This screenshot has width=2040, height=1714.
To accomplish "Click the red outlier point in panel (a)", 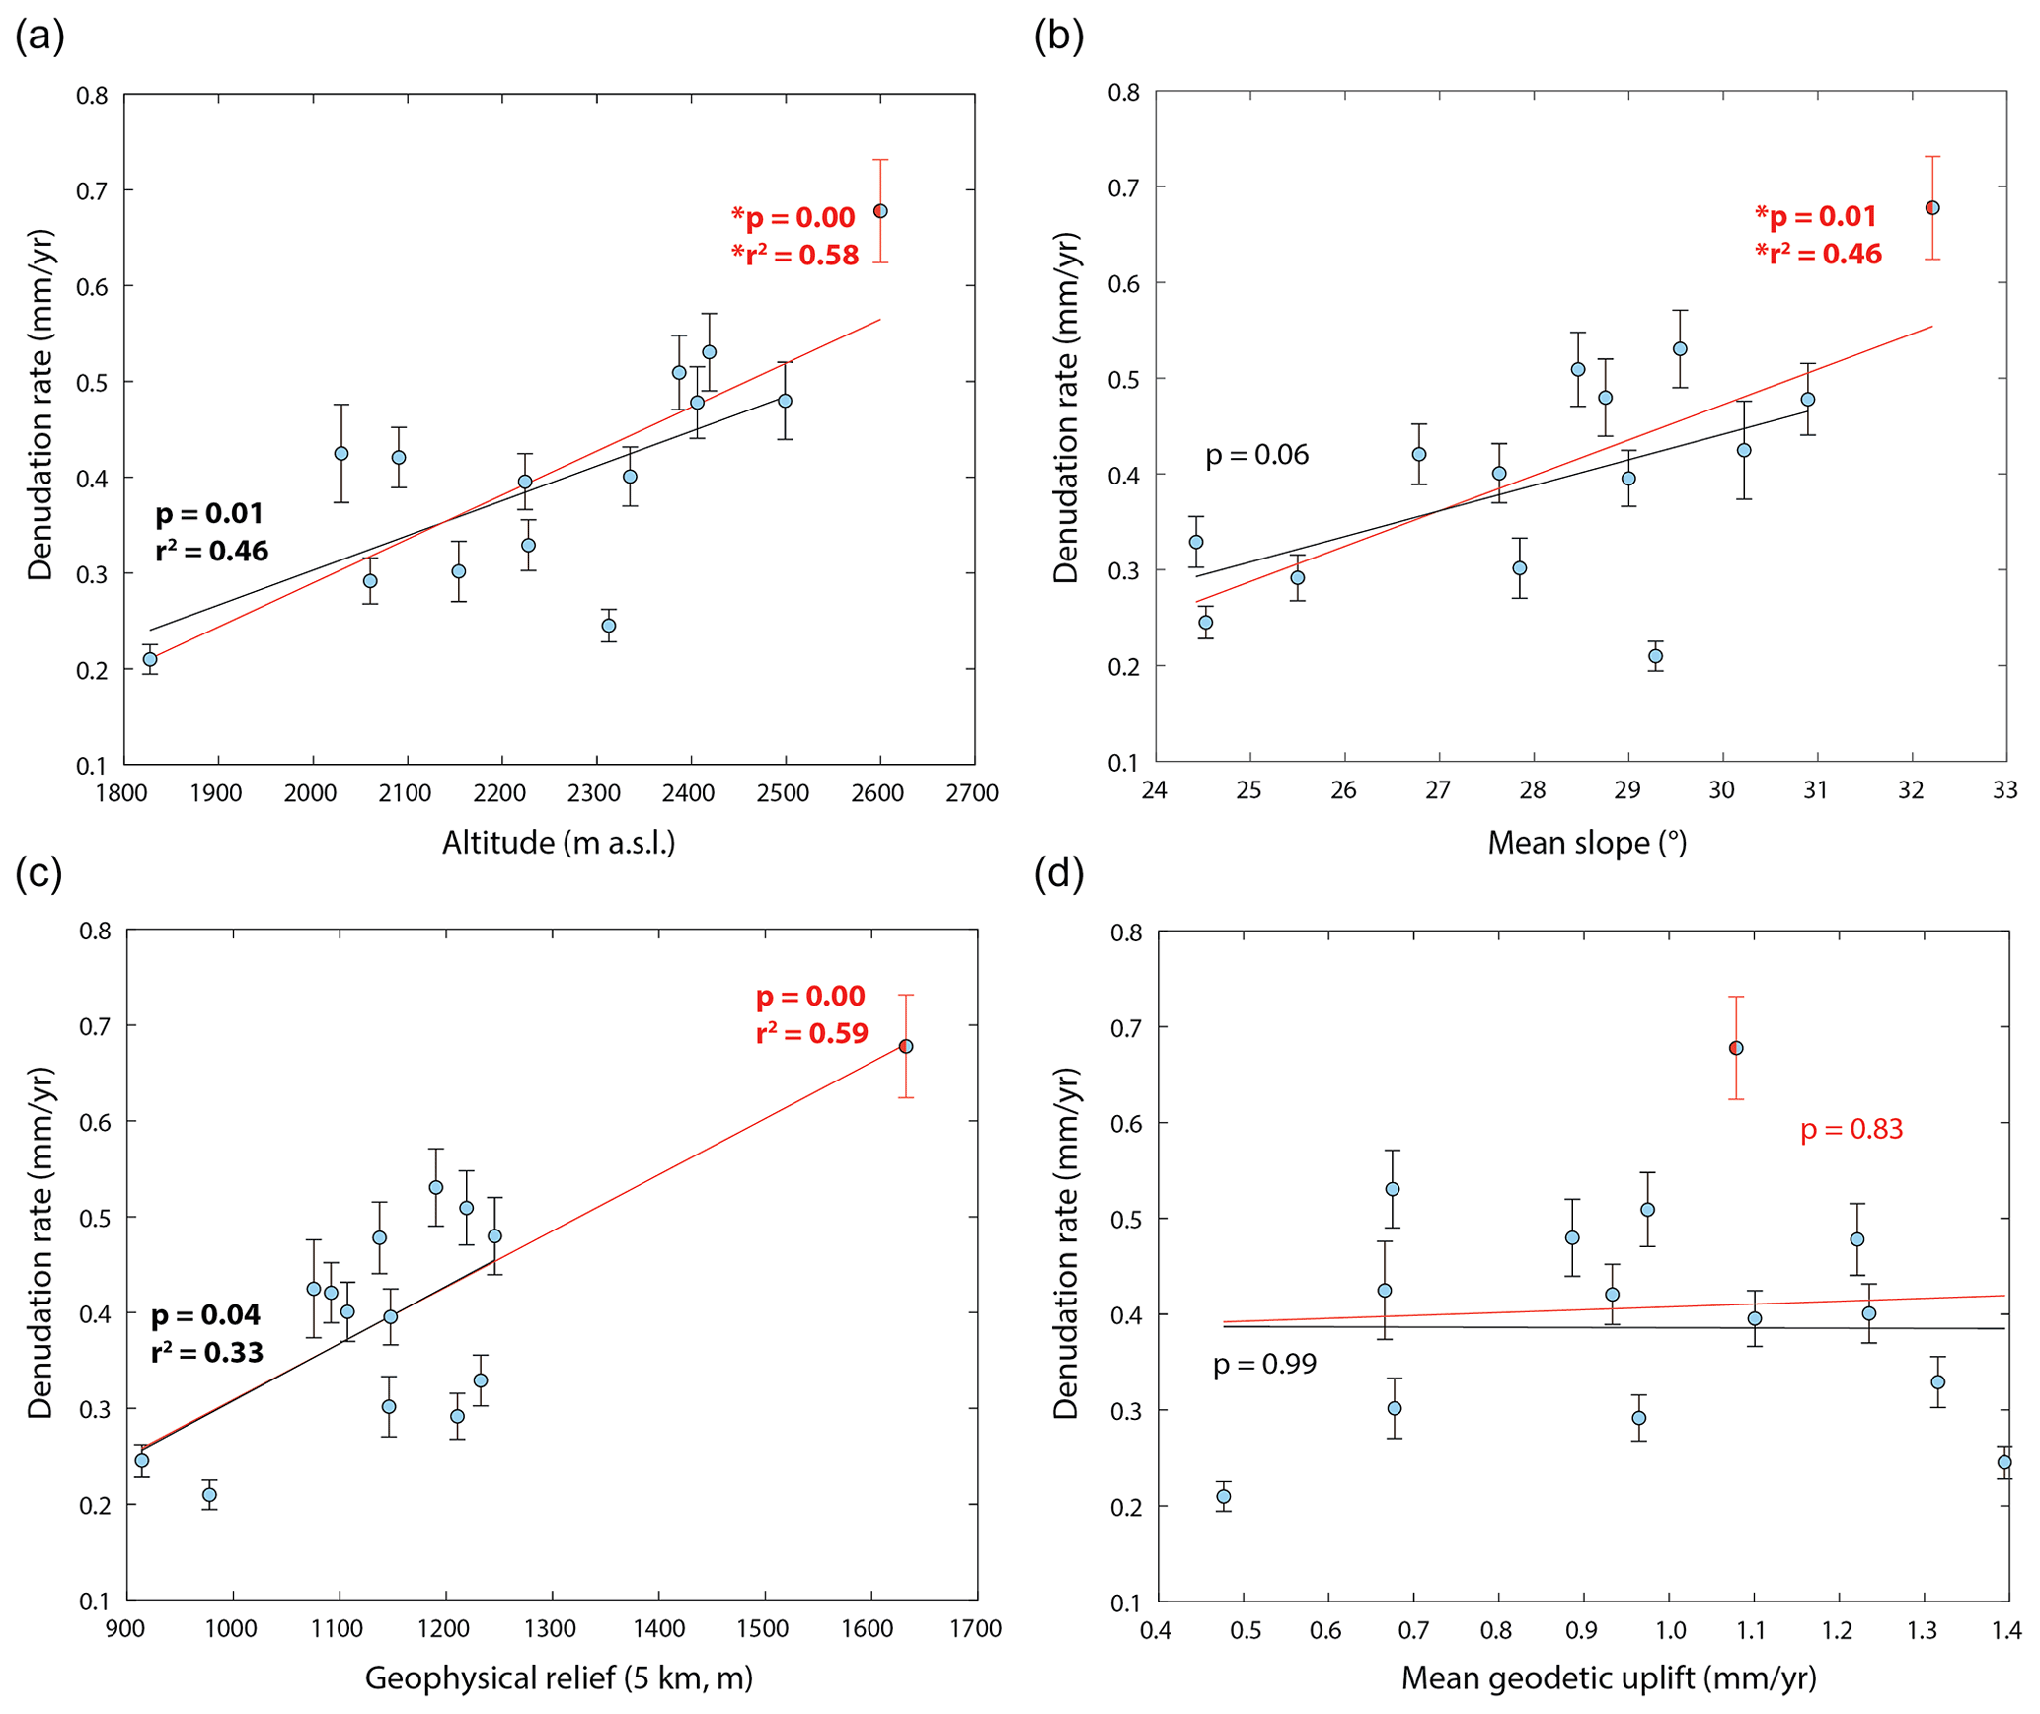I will point(880,211).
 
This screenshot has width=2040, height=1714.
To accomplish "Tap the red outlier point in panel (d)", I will point(1736,1048).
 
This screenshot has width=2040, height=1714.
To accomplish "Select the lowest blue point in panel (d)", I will point(1224,1496).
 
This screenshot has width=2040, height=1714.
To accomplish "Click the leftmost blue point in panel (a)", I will point(150,659).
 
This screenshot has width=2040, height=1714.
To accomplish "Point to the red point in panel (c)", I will point(906,1046).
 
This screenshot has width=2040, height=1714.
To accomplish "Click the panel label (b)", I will point(1058,37).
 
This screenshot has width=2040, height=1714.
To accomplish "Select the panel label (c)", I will point(39,873).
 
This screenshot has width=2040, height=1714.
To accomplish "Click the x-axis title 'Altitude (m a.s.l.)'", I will point(559,843).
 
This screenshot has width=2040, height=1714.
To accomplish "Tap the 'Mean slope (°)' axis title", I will point(1587,843).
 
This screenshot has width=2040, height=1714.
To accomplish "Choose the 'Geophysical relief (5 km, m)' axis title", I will point(559,1677).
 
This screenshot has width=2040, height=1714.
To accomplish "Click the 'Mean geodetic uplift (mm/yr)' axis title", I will point(1609,1677).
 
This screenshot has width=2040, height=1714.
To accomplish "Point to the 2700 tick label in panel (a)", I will point(972,793).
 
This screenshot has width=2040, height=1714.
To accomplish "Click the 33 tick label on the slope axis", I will point(2004,790).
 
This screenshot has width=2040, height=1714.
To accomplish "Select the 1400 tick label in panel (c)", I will point(658,1628).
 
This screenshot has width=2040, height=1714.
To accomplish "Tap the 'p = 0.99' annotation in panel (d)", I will point(1264,1364).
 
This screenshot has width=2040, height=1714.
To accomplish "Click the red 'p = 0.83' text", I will point(1851,1129).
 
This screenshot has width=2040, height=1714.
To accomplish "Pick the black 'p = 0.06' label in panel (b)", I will point(1256,455).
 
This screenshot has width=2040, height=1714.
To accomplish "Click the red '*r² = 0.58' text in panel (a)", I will point(795,256).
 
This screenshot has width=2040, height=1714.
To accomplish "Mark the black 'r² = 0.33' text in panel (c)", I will point(207,1352).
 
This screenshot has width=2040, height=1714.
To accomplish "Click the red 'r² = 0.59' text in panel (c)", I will point(812,1033).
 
